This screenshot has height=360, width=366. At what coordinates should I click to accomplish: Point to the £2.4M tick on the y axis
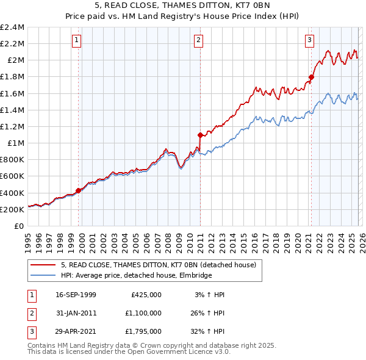pyautogui.click(x=12, y=27)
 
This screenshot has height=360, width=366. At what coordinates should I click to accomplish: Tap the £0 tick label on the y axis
pyautogui.click(x=19, y=226)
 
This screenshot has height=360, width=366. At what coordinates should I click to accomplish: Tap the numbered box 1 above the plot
pyautogui.click(x=77, y=40)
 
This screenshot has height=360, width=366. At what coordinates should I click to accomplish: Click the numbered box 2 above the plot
pyautogui.click(x=199, y=40)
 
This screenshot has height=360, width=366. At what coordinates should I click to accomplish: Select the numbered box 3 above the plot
pyautogui.click(x=309, y=40)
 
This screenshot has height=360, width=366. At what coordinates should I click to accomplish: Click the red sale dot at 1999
pyautogui.click(x=79, y=190)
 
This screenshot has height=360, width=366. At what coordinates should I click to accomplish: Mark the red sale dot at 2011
pyautogui.click(x=200, y=134)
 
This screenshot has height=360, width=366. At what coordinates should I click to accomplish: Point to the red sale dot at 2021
pyautogui.click(x=311, y=77)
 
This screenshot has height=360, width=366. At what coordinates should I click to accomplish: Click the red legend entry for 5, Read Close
pyautogui.click(x=162, y=265)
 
